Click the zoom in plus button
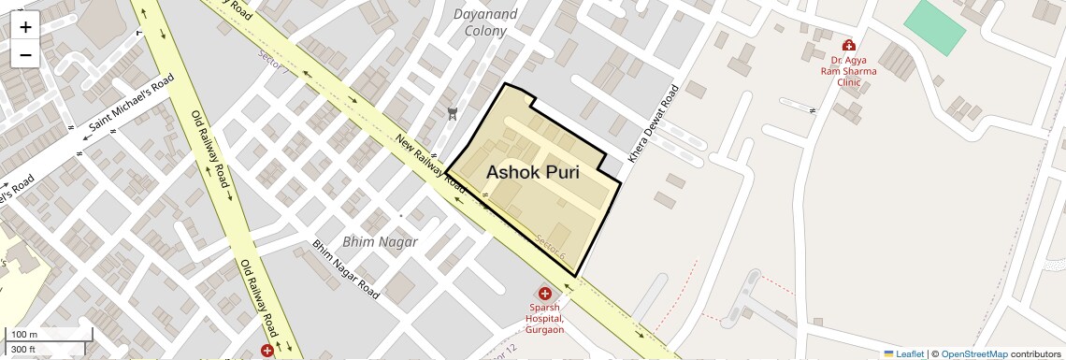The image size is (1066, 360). click(x=25, y=27)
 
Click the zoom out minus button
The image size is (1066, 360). click(x=25, y=54)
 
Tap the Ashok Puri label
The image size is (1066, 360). click(x=532, y=173)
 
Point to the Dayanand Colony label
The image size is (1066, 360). click(x=485, y=22)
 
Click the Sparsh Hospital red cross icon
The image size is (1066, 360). click(x=545, y=294)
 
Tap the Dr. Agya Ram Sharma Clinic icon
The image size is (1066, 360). click(x=848, y=45)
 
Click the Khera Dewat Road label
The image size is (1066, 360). click(x=654, y=125)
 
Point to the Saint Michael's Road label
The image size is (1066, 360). click(x=132, y=103)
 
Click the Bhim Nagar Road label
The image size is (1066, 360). click(x=346, y=269)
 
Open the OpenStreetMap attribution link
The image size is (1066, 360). click(x=973, y=354)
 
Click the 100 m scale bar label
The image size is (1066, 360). click(x=25, y=335)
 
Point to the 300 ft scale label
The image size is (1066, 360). click(x=23, y=350)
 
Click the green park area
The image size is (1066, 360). click(x=934, y=27)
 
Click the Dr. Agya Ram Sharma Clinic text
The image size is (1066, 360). click(x=848, y=70)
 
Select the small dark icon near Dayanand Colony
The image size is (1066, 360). click(x=454, y=114)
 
